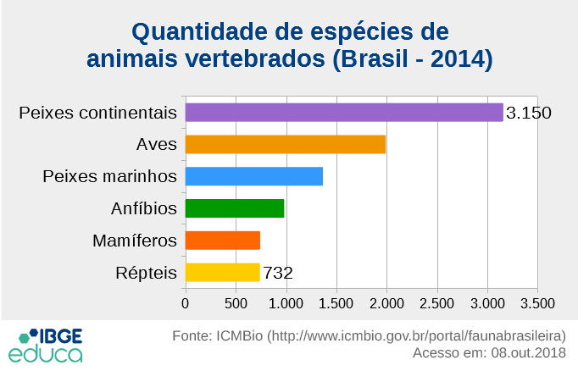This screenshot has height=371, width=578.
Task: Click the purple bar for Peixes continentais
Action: (x=344, y=113)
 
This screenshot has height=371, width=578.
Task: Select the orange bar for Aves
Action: (x=285, y=144)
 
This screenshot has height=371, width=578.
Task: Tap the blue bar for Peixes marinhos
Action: (x=253, y=176)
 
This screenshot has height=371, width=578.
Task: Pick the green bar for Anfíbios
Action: (x=234, y=208)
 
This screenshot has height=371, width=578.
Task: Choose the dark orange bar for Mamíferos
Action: (x=222, y=241)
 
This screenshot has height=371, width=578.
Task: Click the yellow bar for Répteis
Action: (x=222, y=272)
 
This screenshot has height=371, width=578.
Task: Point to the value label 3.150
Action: (x=529, y=113)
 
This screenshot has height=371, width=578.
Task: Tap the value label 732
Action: (x=278, y=273)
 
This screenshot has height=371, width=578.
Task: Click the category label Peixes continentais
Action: (x=97, y=113)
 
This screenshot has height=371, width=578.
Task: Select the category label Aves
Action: (x=156, y=144)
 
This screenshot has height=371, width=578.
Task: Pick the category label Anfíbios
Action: (x=143, y=208)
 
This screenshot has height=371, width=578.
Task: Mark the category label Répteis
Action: (x=145, y=273)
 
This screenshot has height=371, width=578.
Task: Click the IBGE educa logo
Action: (x=46, y=344)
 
